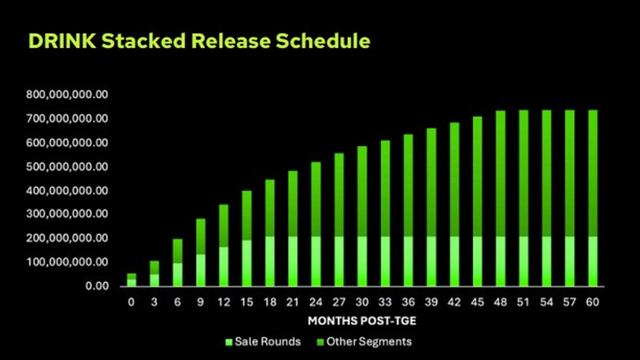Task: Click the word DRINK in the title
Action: (x=62, y=41)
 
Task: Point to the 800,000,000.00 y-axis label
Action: (x=67, y=94)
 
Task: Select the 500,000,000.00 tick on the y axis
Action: (x=67, y=166)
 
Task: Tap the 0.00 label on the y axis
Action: (x=97, y=286)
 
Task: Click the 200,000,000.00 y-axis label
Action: (x=67, y=238)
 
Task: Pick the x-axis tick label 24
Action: (x=316, y=302)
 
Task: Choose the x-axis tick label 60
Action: (x=593, y=302)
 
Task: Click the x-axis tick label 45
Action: (x=477, y=302)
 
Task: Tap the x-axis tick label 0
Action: (x=131, y=302)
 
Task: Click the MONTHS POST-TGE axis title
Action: (x=362, y=321)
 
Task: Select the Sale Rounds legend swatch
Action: (x=229, y=342)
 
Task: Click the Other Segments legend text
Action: (x=369, y=342)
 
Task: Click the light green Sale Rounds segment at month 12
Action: (x=223, y=267)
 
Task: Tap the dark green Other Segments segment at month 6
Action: (x=178, y=251)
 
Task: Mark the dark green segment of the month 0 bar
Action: (x=132, y=277)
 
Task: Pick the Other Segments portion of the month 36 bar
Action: (x=409, y=186)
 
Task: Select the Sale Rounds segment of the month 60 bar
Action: (x=593, y=261)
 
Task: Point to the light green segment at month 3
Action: (x=155, y=281)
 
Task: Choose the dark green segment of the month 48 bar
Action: (x=501, y=174)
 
